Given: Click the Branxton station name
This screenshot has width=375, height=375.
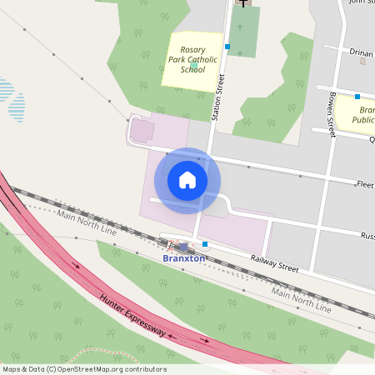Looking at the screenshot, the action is [x=183, y=258].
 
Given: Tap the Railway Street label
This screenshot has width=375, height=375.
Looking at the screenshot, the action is [x=274, y=262].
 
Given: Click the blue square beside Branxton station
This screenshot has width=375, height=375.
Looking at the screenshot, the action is [x=205, y=243].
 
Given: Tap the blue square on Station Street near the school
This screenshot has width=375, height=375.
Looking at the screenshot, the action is [x=227, y=47].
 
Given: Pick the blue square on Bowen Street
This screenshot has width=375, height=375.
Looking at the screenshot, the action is [x=357, y=97].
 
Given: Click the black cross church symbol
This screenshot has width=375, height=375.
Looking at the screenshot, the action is [x=243, y=3].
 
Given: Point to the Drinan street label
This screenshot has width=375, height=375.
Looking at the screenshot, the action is [x=362, y=52].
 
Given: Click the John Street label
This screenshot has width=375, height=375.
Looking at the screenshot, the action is [x=362, y=2].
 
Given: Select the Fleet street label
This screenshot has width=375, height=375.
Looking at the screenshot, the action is [x=365, y=183].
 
